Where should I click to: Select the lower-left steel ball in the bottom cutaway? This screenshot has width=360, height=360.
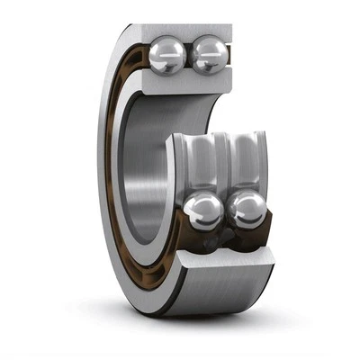point(203,213)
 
